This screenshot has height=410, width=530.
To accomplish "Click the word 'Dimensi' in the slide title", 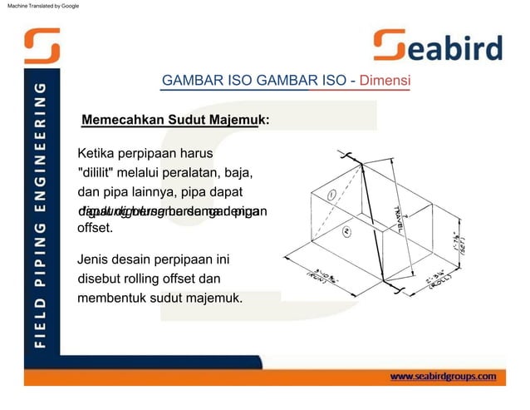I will (x=385, y=82).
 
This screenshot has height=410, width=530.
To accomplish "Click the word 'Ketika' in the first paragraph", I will (x=98, y=154).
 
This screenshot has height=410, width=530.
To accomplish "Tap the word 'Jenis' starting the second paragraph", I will (x=95, y=258).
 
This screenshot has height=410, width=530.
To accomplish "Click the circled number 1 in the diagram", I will (x=331, y=195).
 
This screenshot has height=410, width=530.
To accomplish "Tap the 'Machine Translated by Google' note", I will (x=41, y=6).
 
